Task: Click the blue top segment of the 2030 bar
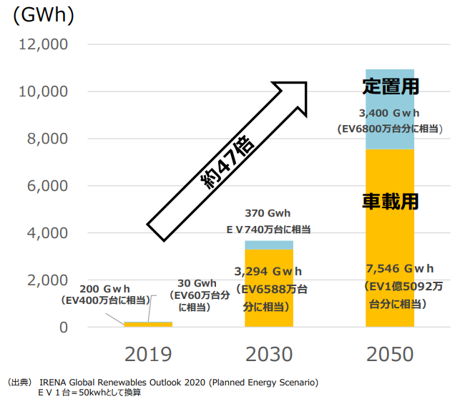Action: (269, 245)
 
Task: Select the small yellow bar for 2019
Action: (148, 325)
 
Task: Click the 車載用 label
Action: (390, 201)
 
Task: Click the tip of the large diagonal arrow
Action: (305, 83)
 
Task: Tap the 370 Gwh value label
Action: (268, 213)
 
